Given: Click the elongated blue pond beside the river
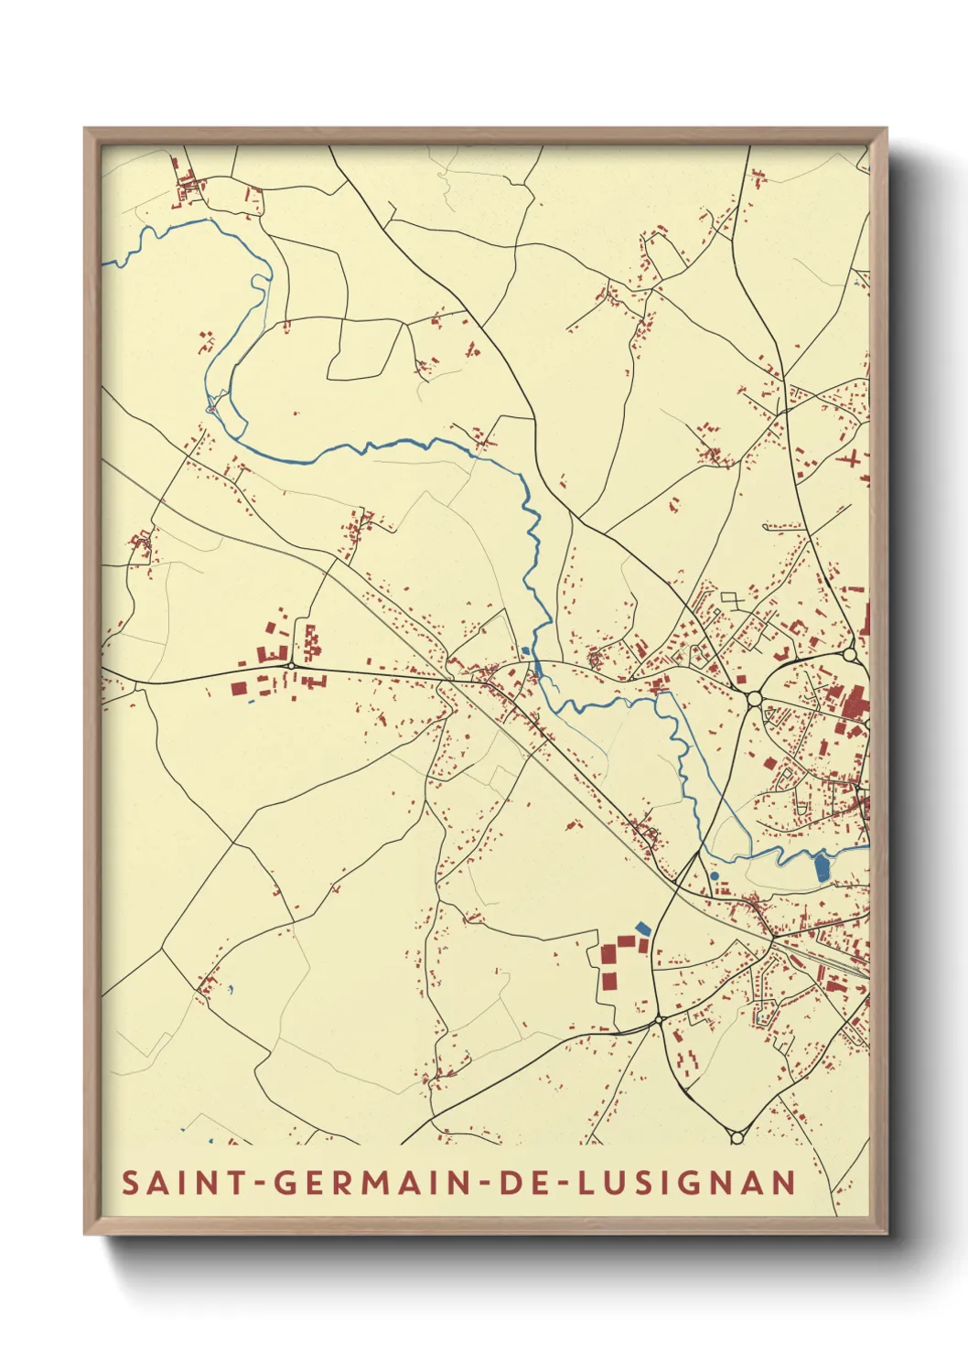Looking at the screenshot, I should [821, 865].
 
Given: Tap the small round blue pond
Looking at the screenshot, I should [714, 876].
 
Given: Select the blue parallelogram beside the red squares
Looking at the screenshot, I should [643, 928].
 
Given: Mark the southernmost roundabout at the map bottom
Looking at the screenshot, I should [737, 1137].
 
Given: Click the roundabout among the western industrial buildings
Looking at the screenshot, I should [291, 666].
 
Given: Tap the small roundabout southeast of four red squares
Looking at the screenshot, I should [658, 1018].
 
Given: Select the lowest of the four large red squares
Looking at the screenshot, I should [609, 981].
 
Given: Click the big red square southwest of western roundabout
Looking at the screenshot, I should [238, 689].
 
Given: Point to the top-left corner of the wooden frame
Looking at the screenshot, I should [85, 129].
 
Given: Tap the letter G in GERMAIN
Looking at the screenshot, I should [285, 1183].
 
